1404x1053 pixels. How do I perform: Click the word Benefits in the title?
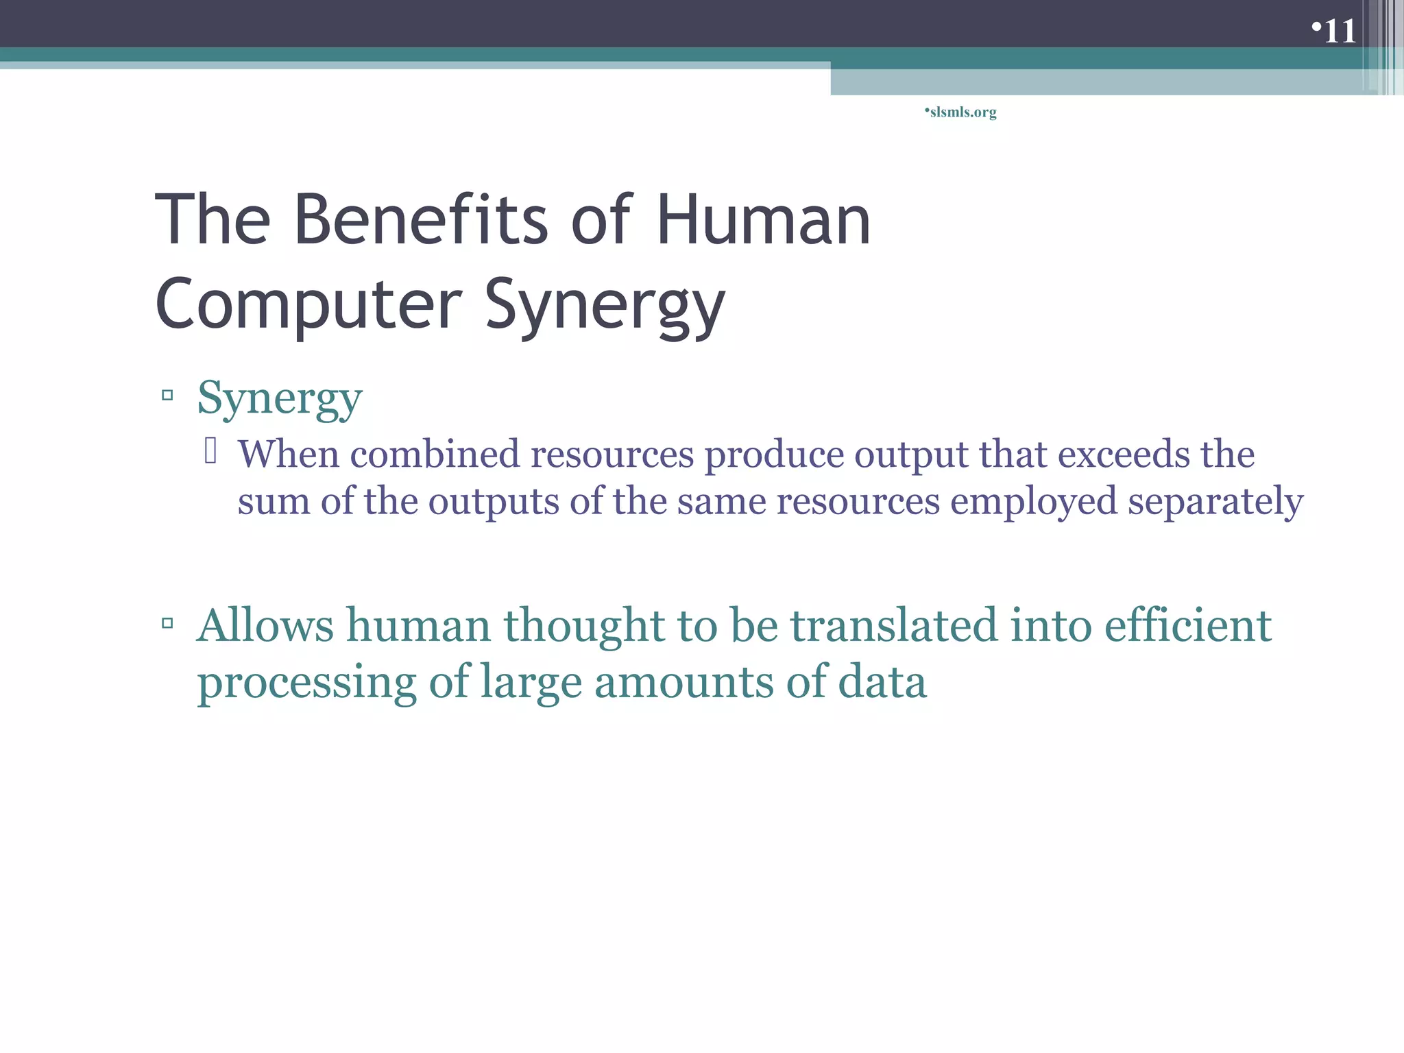tap(421, 219)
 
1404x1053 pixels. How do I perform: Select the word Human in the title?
tap(763, 219)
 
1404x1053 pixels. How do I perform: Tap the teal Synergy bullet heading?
tap(280, 399)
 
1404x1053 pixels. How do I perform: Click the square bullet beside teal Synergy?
tap(167, 396)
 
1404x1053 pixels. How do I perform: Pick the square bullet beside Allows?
tap(167, 623)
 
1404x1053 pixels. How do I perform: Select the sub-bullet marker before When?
tap(210, 451)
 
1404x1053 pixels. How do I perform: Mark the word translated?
tap(894, 625)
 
